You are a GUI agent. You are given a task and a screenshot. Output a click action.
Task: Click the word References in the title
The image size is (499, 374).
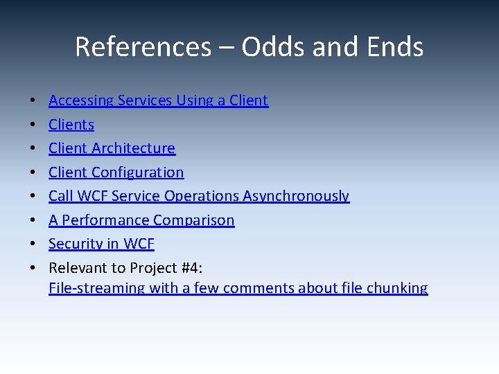143,47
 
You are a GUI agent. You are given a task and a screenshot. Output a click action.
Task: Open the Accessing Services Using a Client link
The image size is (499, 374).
158,100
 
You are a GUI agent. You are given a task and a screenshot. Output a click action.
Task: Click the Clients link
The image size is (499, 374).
71,125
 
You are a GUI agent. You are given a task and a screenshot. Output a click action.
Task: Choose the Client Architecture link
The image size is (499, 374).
112,148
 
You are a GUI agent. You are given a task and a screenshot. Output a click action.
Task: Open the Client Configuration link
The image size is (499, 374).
116,172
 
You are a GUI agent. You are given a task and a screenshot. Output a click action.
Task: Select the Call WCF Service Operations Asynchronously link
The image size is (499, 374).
199,196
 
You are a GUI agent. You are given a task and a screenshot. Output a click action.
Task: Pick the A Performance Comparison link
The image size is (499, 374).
141,220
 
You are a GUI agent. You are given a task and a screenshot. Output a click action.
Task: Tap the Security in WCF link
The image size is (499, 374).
101,244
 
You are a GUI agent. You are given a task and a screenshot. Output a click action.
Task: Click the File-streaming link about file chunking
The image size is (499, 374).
238,288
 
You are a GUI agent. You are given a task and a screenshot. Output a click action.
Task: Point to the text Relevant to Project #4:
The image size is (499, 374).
125,268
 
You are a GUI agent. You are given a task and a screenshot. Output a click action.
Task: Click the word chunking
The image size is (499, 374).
399,288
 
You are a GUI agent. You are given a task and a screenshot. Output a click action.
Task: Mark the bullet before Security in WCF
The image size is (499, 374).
34,244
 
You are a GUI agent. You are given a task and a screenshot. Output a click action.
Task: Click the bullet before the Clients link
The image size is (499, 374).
34,125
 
